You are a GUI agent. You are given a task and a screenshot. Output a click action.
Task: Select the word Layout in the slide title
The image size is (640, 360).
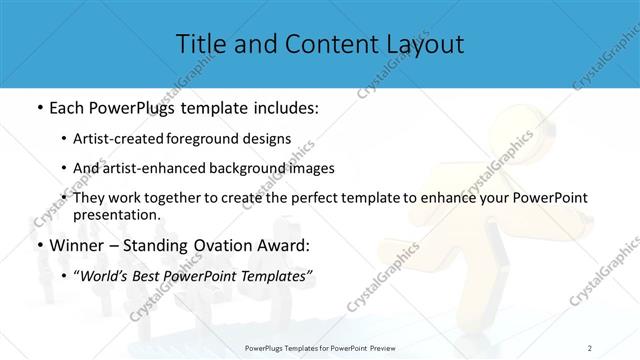[421, 44]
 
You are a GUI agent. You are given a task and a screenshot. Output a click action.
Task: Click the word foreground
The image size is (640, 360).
[221, 140]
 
